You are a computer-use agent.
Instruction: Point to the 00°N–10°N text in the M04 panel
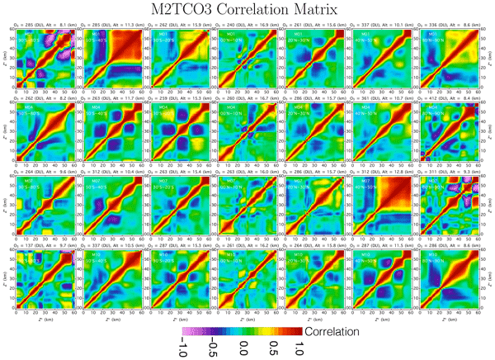(x=243, y=113)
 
